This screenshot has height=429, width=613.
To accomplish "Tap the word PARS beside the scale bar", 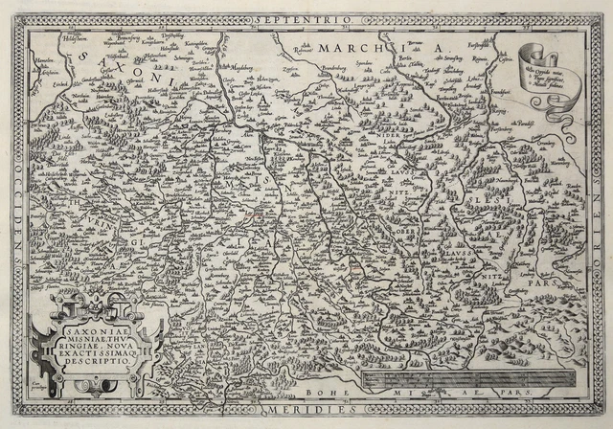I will pos(554,395).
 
